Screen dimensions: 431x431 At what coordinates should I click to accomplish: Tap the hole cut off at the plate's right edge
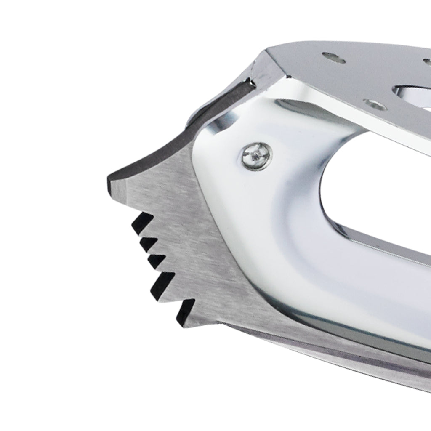(427, 61)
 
